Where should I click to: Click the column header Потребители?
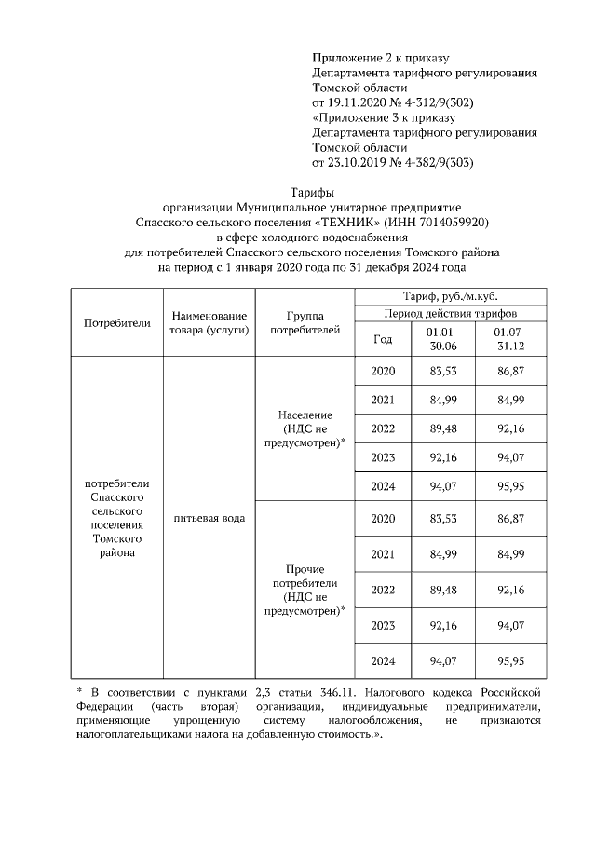[x=116, y=322]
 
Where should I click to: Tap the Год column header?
[x=383, y=339]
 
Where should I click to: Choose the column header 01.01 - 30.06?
[x=443, y=339]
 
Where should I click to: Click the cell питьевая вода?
[x=209, y=517]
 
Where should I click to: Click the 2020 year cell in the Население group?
[x=383, y=372]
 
